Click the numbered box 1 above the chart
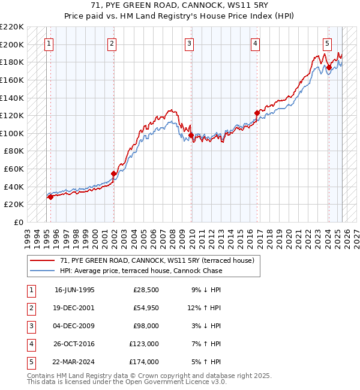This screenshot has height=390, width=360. [48, 43]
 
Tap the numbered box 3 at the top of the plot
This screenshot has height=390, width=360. [189, 43]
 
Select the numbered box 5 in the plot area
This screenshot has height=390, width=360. [327, 43]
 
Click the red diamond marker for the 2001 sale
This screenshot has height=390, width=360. [113, 173]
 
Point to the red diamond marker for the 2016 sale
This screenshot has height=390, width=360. [257, 113]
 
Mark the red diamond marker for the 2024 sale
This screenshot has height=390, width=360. [329, 68]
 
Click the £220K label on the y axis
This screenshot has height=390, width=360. [12, 27]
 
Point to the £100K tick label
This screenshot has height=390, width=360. [12, 133]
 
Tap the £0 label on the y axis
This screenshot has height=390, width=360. [18, 222]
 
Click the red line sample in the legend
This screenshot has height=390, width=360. [42, 260]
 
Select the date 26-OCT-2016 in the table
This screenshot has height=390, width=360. [74, 344]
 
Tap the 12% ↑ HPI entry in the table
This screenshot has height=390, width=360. [204, 308]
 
